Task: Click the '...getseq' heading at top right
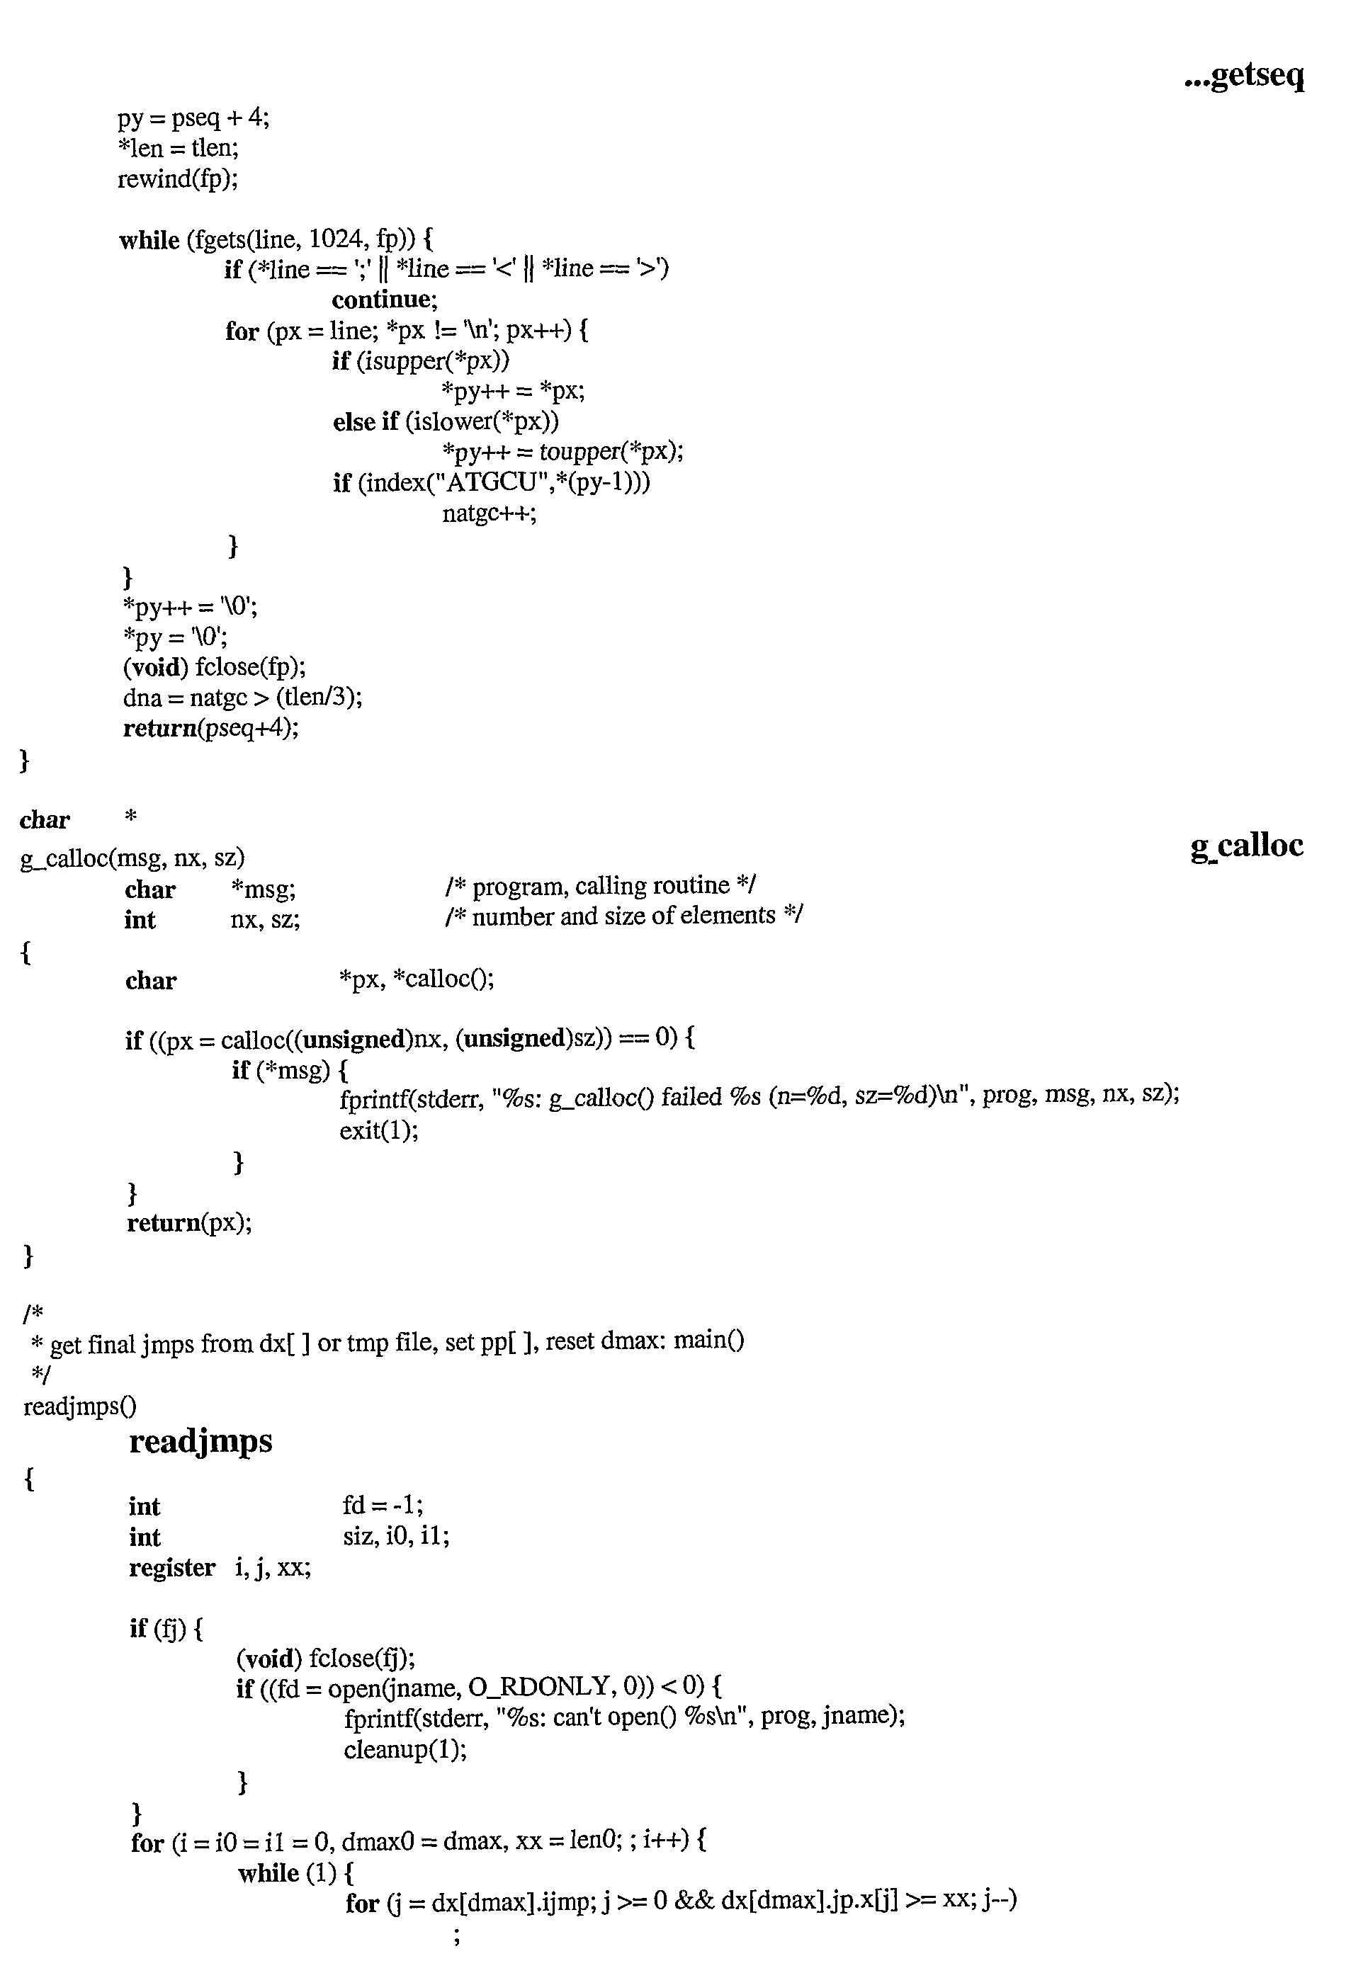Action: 1244,76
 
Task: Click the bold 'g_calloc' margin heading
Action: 1247,846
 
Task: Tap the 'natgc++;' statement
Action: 489,513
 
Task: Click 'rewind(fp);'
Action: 178,179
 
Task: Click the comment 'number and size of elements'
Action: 623,916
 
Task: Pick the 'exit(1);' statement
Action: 379,1131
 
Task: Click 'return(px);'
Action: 189,1222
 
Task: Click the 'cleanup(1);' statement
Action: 406,1749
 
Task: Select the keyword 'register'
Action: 172,1568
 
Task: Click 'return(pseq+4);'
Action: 211,729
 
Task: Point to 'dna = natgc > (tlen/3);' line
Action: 243,698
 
